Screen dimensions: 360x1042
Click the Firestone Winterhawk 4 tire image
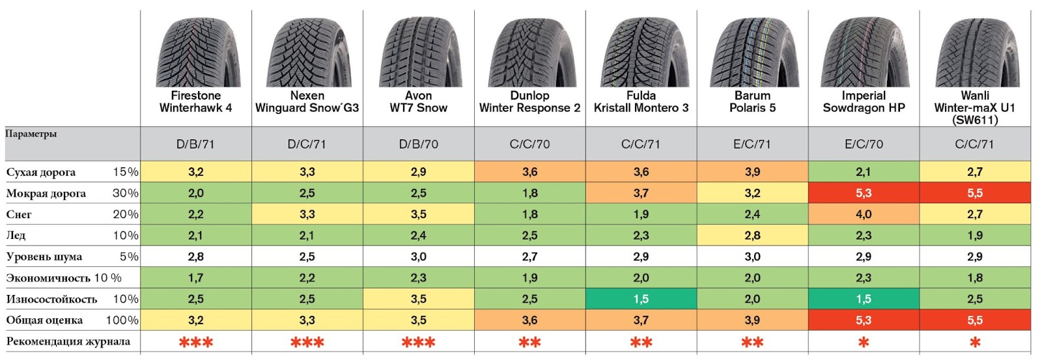pos(196,52)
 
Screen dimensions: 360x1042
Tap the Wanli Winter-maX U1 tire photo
pos(975,52)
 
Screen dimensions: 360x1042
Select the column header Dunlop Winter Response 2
pos(529,102)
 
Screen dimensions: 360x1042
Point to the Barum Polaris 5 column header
pos(752,102)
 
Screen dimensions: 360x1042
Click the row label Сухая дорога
pos(41,173)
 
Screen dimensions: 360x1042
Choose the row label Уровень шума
pos(44,256)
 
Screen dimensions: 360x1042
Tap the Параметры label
pos(31,134)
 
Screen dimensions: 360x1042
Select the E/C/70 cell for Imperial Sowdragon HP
pos(864,144)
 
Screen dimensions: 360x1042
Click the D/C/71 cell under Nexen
pos(307,144)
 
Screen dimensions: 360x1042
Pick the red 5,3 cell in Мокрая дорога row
pos(864,193)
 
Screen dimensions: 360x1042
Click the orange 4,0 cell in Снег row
pos(864,214)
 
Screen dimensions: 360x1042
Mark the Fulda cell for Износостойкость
pos(641,299)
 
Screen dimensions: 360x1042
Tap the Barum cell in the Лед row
pos(752,235)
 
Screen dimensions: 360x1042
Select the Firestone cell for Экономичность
pos(196,278)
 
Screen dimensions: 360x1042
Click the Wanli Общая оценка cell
pos(975,320)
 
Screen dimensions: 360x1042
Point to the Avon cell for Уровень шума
pos(418,256)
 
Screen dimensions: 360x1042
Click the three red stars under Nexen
pos(307,342)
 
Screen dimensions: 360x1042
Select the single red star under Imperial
pos(864,342)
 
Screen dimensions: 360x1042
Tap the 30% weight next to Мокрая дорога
pos(125,193)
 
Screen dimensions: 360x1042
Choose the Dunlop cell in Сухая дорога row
pos(529,172)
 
